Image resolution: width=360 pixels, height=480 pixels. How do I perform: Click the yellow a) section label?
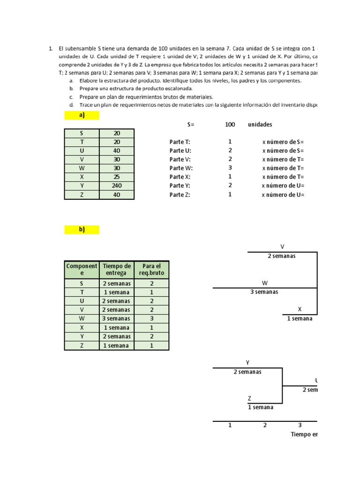coord(82,115)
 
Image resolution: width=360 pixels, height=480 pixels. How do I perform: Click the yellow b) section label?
coord(82,229)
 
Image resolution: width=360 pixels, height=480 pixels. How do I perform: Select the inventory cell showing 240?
coord(117,186)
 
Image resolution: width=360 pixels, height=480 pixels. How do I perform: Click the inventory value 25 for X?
coord(117,177)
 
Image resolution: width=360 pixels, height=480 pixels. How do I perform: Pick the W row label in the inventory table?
coord(82,168)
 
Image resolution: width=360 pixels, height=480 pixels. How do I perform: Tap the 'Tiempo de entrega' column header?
coord(116,270)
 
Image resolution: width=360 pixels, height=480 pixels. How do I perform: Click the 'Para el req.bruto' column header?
coord(151,270)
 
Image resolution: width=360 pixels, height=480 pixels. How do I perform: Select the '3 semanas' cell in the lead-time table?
coord(116,319)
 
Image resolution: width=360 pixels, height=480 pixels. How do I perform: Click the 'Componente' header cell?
coord(82,270)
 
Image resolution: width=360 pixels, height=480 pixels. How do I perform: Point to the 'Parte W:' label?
coord(181,168)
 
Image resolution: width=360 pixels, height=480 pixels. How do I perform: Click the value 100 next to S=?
coord(230,125)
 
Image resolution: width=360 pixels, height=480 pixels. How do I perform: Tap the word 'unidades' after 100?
coord(260,125)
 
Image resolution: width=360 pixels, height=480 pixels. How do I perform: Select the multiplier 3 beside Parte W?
coord(230,168)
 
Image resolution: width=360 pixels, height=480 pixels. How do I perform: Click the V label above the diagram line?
coord(282,247)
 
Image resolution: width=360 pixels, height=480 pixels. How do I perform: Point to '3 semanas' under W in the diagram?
coord(265,292)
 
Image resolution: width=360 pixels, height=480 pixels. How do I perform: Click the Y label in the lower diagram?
coord(247,362)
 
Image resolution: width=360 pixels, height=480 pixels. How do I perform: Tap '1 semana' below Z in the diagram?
coord(261,407)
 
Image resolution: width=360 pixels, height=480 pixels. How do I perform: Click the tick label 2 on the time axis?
coord(265,425)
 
